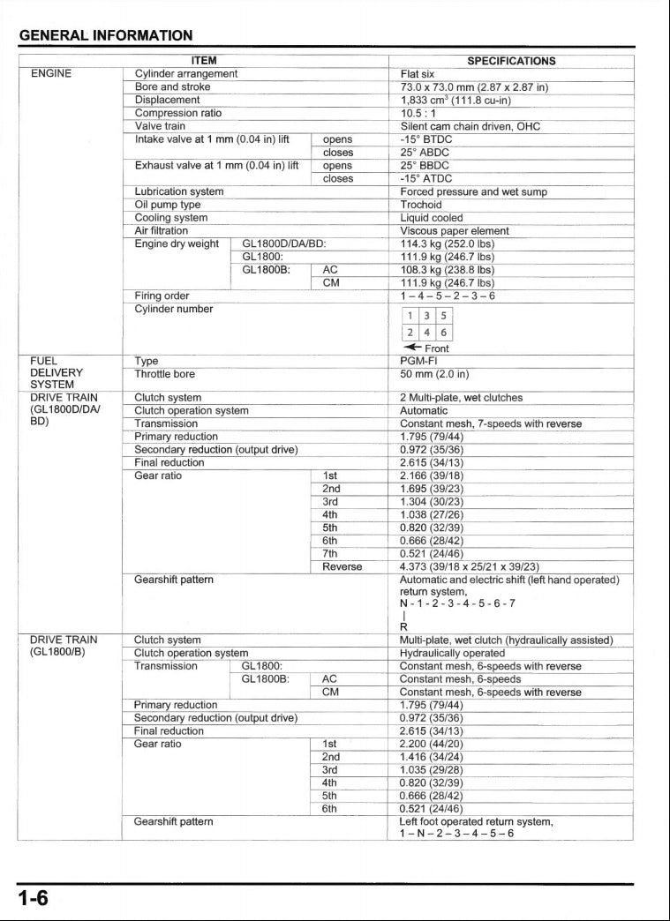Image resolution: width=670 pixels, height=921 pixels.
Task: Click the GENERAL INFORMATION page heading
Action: [x=106, y=36]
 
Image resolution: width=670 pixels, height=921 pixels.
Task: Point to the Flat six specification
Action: [x=417, y=74]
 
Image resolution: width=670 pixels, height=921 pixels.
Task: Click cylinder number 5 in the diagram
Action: [x=444, y=315]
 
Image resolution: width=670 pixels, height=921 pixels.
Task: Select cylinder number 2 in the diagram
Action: [x=410, y=333]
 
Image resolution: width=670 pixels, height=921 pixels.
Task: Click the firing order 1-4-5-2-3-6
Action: [x=447, y=296]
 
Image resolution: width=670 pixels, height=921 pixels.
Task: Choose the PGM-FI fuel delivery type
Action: [x=418, y=361]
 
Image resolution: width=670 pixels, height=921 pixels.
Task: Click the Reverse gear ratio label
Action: [x=342, y=566]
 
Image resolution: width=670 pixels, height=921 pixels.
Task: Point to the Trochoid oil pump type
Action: [x=420, y=205]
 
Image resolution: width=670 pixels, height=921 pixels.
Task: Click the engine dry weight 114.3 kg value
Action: [x=447, y=243]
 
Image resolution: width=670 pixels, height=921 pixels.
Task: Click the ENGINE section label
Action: [x=51, y=74]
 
